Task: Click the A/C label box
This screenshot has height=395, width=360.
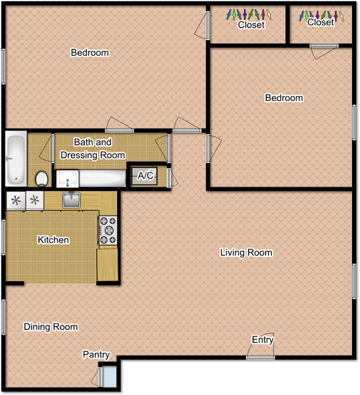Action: (145, 176)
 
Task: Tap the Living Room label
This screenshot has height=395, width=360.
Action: (245, 253)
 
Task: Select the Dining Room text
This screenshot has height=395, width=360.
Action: (51, 327)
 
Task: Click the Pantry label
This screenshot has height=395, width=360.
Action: (96, 354)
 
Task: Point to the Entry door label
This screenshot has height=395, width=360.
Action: (263, 340)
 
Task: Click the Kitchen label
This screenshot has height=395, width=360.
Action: (53, 240)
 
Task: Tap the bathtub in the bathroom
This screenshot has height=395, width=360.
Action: (15, 159)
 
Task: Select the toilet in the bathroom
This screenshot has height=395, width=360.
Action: (42, 178)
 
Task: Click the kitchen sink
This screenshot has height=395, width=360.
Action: (71, 199)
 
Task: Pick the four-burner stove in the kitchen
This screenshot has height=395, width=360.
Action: (107, 230)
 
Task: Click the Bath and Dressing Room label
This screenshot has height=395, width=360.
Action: (93, 149)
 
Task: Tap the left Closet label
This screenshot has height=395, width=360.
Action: (251, 25)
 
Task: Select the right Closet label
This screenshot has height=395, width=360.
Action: (321, 22)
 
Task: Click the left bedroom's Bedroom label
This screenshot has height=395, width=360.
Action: (90, 53)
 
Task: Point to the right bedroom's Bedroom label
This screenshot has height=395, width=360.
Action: (284, 98)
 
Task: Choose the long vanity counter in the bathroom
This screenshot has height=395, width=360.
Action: (91, 178)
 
